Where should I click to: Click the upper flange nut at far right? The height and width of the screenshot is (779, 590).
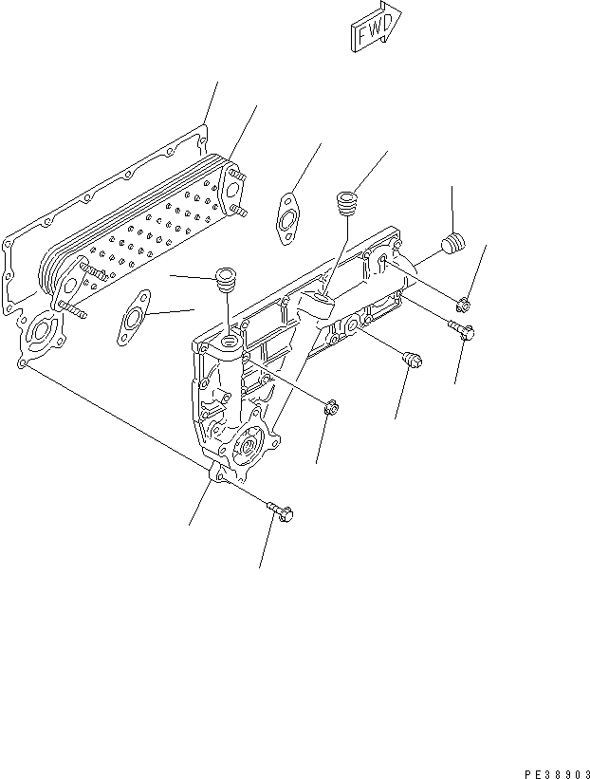coord(464,304)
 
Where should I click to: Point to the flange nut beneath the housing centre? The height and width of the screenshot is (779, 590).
coord(329,409)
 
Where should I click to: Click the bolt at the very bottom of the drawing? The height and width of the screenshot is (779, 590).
coord(282,511)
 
